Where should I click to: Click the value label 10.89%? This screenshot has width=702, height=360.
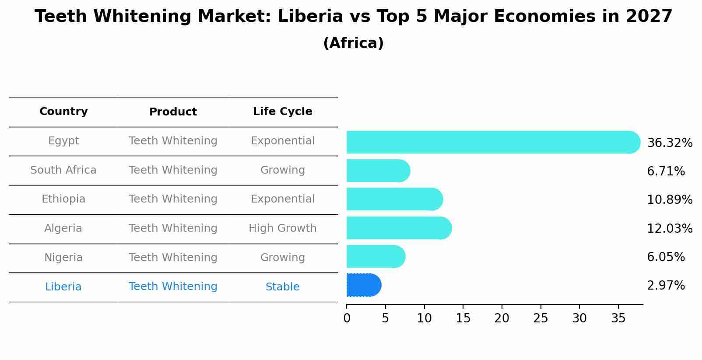click(x=669, y=200)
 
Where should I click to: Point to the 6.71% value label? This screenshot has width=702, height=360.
click(x=665, y=171)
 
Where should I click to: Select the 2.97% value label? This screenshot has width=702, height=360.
click(x=665, y=286)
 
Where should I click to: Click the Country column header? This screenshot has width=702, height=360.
click(x=63, y=112)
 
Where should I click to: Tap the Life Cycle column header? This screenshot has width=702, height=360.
click(x=282, y=112)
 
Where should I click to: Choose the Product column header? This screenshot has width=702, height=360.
click(x=173, y=112)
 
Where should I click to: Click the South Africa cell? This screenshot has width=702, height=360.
click(x=63, y=170)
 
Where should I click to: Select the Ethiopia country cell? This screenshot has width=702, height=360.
click(x=63, y=199)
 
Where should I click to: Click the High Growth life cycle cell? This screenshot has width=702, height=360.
click(x=282, y=228)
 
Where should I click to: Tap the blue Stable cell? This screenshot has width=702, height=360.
click(x=282, y=287)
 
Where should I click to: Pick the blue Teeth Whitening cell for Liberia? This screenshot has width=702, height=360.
click(x=173, y=287)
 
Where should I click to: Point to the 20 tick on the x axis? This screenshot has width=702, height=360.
click(x=502, y=318)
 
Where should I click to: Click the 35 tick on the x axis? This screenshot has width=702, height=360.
click(x=618, y=318)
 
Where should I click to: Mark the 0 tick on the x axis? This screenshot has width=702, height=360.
click(x=347, y=318)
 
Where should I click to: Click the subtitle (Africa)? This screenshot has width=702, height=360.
click(x=353, y=43)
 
